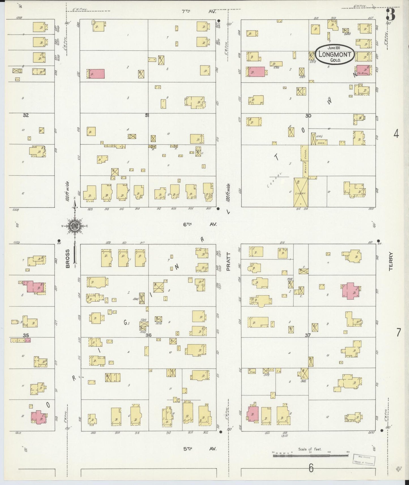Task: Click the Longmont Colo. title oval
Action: click(335, 54)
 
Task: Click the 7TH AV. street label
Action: click(199, 12)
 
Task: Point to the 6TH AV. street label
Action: click(200, 224)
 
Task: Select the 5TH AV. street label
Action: click(199, 449)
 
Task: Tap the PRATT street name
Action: click(228, 262)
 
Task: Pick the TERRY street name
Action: click(391, 262)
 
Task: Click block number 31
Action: click(147, 115)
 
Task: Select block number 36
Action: click(148, 335)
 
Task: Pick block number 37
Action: click(308, 335)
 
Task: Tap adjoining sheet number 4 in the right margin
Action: click(396, 134)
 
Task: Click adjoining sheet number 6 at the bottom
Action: click(311, 468)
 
